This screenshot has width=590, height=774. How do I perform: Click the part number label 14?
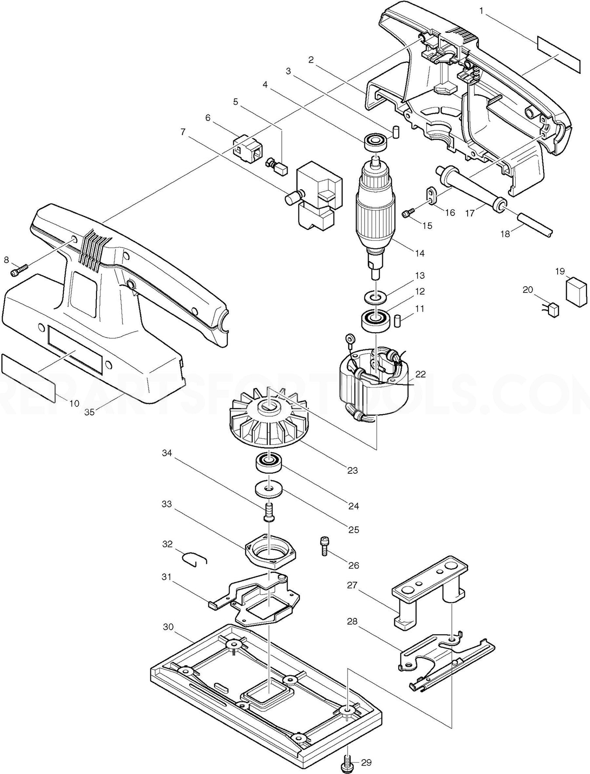coord(420,253)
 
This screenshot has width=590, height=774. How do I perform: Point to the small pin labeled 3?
coord(396,132)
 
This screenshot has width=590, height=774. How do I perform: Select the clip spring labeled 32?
coord(194,559)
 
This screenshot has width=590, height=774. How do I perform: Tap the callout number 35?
coord(90,412)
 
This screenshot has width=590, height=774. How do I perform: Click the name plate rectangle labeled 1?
coord(559,54)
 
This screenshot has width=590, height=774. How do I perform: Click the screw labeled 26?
coord(324,546)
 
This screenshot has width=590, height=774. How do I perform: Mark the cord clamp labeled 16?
coord(432,195)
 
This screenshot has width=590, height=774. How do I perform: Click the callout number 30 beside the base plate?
coord(168,627)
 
